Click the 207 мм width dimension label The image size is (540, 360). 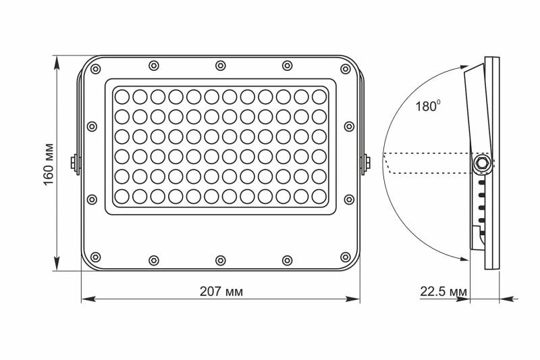click(x=221, y=292)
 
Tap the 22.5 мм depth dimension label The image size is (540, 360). click(x=443, y=292)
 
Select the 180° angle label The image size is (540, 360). click(x=429, y=106)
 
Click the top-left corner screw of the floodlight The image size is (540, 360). click(x=95, y=69)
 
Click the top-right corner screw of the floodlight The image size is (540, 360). click(x=346, y=69)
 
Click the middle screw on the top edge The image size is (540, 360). click(x=221, y=66)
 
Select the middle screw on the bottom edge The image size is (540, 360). click(x=221, y=259)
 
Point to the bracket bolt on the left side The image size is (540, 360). click(x=74, y=163)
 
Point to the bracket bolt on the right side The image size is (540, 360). click(x=367, y=163)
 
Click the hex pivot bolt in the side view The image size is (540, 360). click(x=483, y=163)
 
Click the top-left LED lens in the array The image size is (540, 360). click(x=122, y=95)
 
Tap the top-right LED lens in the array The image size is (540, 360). click(x=319, y=95)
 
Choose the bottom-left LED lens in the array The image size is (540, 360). click(x=122, y=196)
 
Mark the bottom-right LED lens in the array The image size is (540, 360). click(x=319, y=196)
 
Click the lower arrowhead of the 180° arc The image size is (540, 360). click(x=466, y=255)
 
